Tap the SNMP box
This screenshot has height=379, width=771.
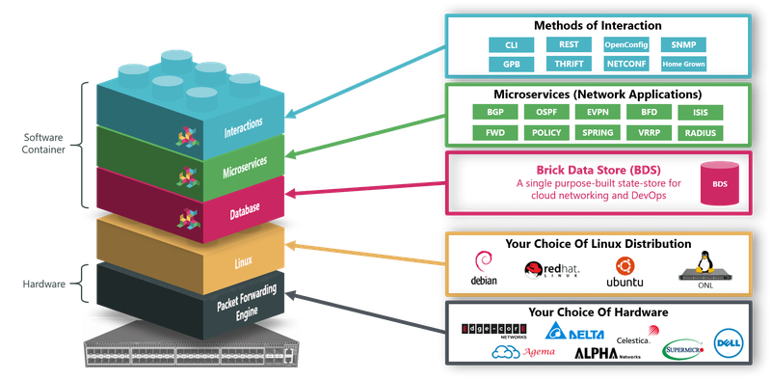(x=682, y=45)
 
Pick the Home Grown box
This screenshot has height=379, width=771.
(x=682, y=64)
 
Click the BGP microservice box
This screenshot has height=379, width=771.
(x=495, y=113)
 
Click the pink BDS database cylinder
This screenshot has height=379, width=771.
(x=719, y=183)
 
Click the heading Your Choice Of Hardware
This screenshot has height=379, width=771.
(x=598, y=312)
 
